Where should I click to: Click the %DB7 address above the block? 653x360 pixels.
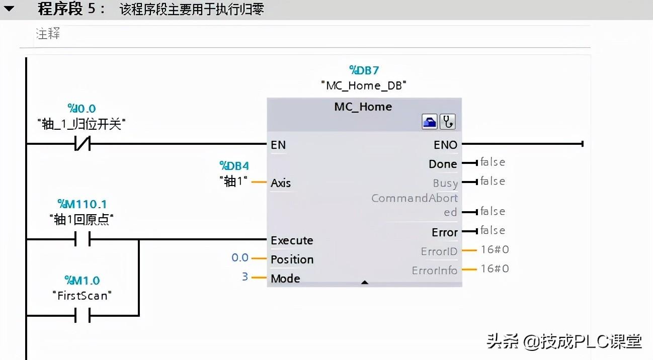364,70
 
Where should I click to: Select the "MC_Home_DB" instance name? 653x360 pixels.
364,85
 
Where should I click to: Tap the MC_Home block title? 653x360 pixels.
363,107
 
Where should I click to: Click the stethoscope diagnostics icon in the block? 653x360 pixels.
448,122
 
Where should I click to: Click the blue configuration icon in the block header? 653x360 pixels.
430,122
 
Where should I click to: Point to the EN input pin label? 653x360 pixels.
278,145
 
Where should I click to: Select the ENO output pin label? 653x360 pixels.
445,145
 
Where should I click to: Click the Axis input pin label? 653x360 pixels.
281,183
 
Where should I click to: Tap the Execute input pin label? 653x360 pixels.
292,240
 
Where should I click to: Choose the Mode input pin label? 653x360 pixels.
285,279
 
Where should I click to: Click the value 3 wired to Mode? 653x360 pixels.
245,277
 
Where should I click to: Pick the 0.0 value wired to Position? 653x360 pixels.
240,258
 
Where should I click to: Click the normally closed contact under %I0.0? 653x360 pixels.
82,145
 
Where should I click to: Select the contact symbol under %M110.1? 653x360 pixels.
82,240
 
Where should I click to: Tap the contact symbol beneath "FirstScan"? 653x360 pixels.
82,316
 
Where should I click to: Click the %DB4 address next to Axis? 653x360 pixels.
234,166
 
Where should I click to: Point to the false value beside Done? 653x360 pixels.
493,162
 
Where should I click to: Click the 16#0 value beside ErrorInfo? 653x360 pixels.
495,268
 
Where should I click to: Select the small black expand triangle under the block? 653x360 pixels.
365,283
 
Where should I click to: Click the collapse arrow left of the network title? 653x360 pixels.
9,9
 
